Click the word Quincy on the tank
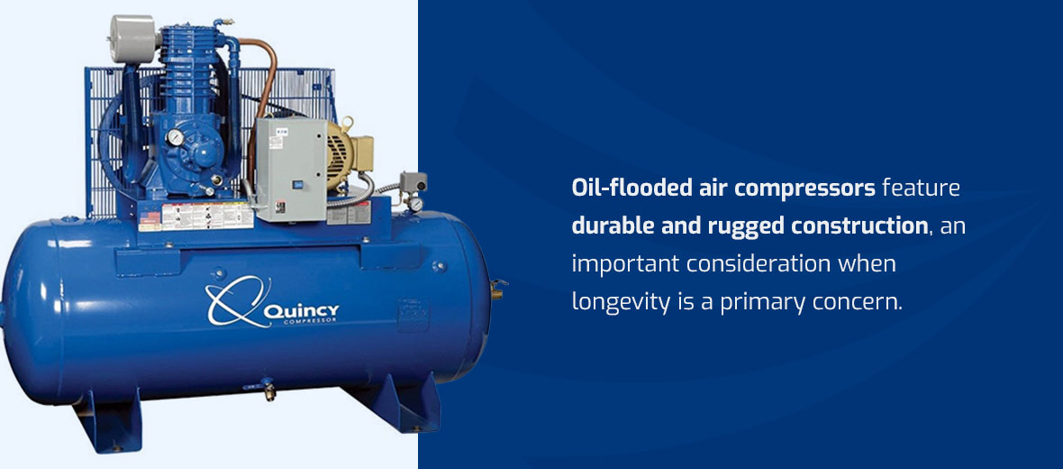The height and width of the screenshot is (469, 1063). tap(301, 311)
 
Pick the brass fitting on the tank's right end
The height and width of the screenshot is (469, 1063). tap(495, 288)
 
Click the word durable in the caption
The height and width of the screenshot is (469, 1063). tap(613, 225)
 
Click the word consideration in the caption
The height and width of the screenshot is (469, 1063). tap(759, 263)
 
